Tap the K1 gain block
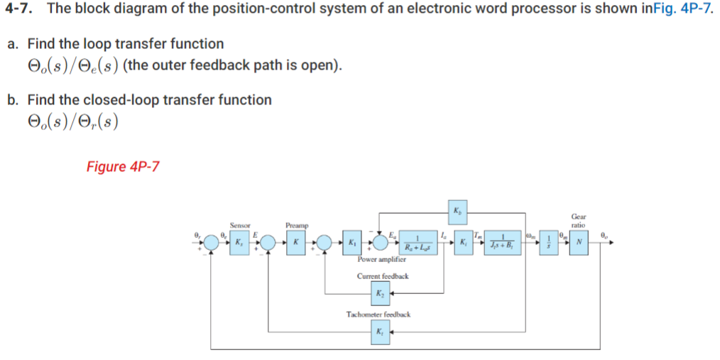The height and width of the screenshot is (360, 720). (353, 243)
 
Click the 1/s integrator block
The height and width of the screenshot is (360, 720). (547, 243)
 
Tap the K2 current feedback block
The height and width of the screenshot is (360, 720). (382, 293)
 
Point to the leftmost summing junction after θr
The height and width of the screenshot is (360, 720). (210, 243)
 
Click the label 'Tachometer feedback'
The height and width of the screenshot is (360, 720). (378, 314)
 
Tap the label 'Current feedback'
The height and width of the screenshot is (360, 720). (382, 276)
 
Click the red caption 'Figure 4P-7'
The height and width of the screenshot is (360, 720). (123, 167)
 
